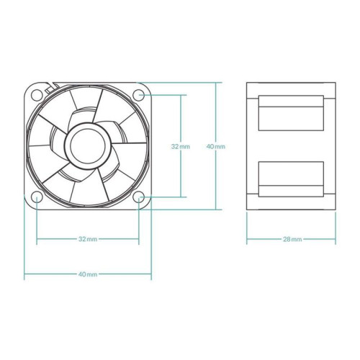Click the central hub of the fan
click(x=87, y=145)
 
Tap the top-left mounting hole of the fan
click(x=36, y=94)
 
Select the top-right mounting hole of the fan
click(x=140, y=94)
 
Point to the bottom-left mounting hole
click(x=36, y=197)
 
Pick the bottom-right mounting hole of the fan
click(x=140, y=197)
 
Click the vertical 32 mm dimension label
click(x=181, y=146)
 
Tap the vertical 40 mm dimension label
click(x=215, y=146)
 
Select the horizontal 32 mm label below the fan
click(x=87, y=239)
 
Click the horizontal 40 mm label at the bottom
click(x=87, y=274)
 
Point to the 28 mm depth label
click(x=292, y=239)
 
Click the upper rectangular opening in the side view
click(x=291, y=113)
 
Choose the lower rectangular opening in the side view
click(x=291, y=177)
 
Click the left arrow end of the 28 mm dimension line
click(x=248, y=239)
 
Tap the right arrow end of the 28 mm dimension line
click(x=335, y=239)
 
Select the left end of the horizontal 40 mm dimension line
click(x=25, y=274)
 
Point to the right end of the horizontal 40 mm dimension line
click(x=151, y=274)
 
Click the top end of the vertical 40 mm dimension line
click(x=215, y=83)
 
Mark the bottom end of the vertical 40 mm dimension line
click(x=215, y=209)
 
